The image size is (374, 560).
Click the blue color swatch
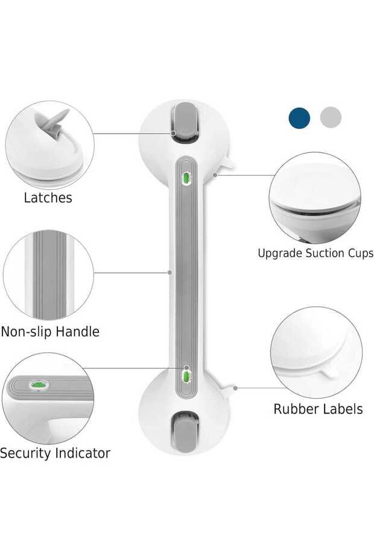(299, 117)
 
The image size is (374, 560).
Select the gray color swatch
(331, 117)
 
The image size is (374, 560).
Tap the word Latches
(48, 198)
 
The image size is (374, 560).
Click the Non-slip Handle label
(50, 332)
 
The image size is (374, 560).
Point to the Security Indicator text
(55, 453)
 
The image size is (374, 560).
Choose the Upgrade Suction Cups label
(315, 254)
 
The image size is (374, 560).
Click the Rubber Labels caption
(318, 409)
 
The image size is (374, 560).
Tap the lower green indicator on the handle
(186, 376)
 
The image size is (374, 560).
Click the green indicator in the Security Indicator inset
(39, 384)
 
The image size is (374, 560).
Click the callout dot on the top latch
(173, 133)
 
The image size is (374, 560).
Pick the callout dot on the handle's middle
(170, 272)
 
